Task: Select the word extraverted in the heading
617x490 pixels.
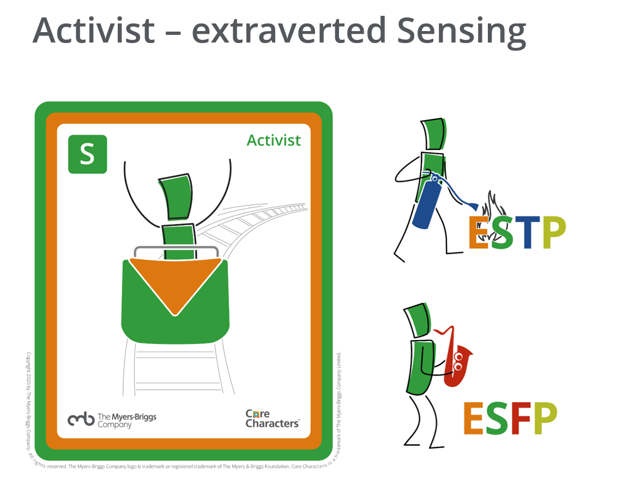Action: coord(287,32)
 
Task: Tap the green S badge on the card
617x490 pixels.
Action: coord(87,154)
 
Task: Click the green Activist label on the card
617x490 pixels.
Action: coord(274,140)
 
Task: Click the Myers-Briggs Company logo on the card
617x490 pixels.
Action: coord(112,419)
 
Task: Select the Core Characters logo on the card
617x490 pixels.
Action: coord(272,418)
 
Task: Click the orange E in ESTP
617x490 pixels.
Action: coord(479,233)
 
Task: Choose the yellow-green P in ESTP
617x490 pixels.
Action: coord(553,233)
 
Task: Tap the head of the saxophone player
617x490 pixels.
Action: coord(418,322)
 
